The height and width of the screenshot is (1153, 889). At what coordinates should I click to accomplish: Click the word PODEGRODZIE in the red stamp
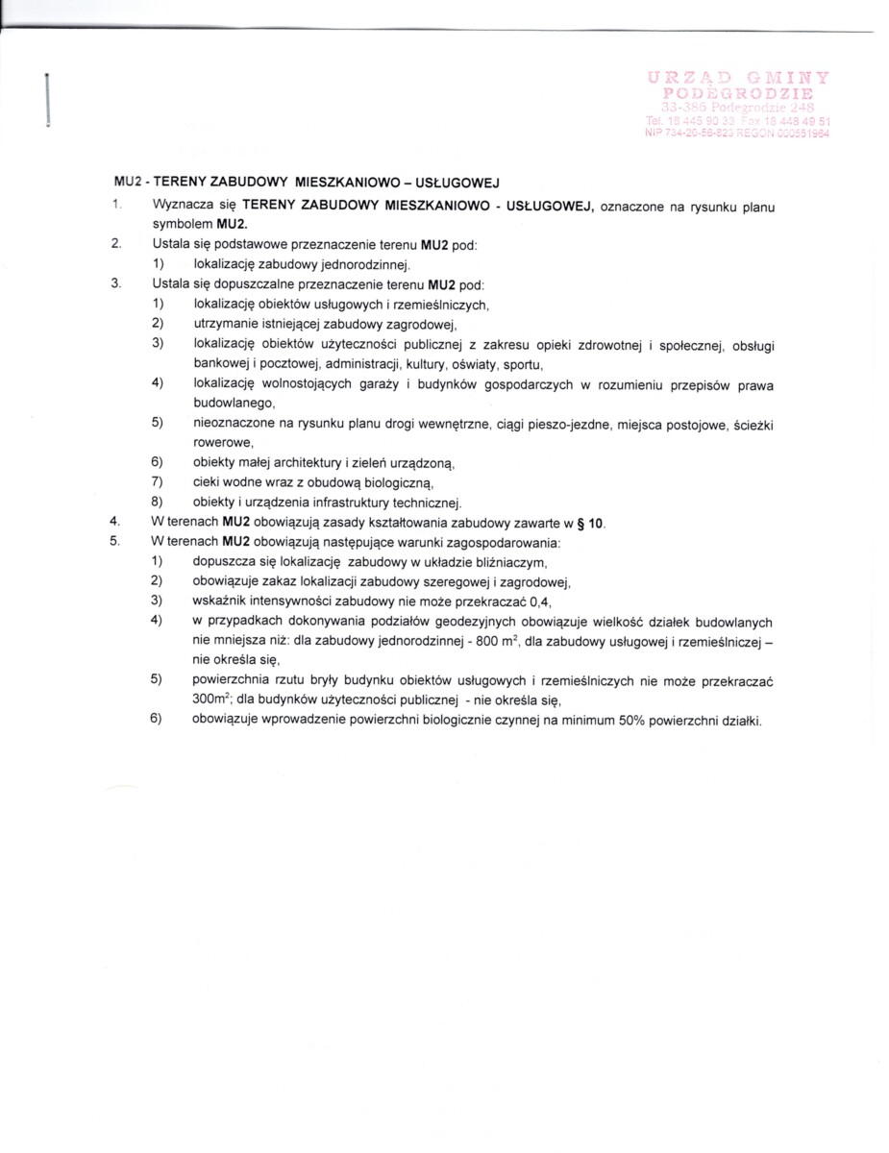[x=738, y=93]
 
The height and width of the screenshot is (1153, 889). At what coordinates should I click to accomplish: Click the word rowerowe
[x=223, y=443]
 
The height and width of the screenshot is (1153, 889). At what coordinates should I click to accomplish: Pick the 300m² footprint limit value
[x=212, y=700]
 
